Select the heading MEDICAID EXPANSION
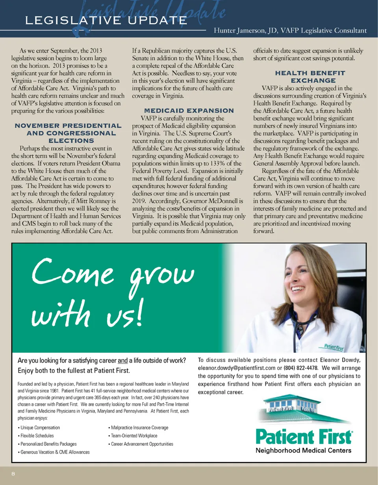[x=189, y=111]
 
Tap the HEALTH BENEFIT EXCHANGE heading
[x=310, y=77]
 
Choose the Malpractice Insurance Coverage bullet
[x=139, y=428]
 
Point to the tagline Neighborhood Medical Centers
[x=303, y=450]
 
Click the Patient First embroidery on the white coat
[x=334, y=348]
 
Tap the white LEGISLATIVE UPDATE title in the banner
[x=105, y=20]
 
